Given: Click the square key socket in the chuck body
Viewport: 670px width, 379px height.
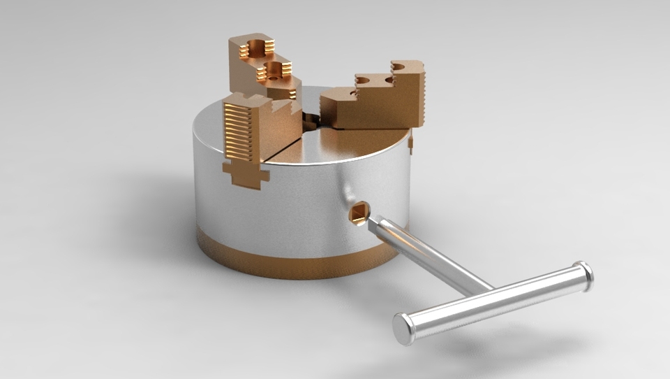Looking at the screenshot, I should pos(359,213).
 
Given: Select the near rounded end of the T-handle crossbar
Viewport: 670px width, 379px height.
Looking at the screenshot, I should pos(404,329).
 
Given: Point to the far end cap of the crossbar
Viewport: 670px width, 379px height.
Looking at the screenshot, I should pos(583,275).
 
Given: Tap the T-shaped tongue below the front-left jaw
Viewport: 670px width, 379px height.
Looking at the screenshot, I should pos(245,176).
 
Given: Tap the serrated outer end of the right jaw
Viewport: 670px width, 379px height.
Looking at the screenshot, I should pos(417,94).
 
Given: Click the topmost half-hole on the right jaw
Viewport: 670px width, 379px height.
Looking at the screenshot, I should pos(399,66).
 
